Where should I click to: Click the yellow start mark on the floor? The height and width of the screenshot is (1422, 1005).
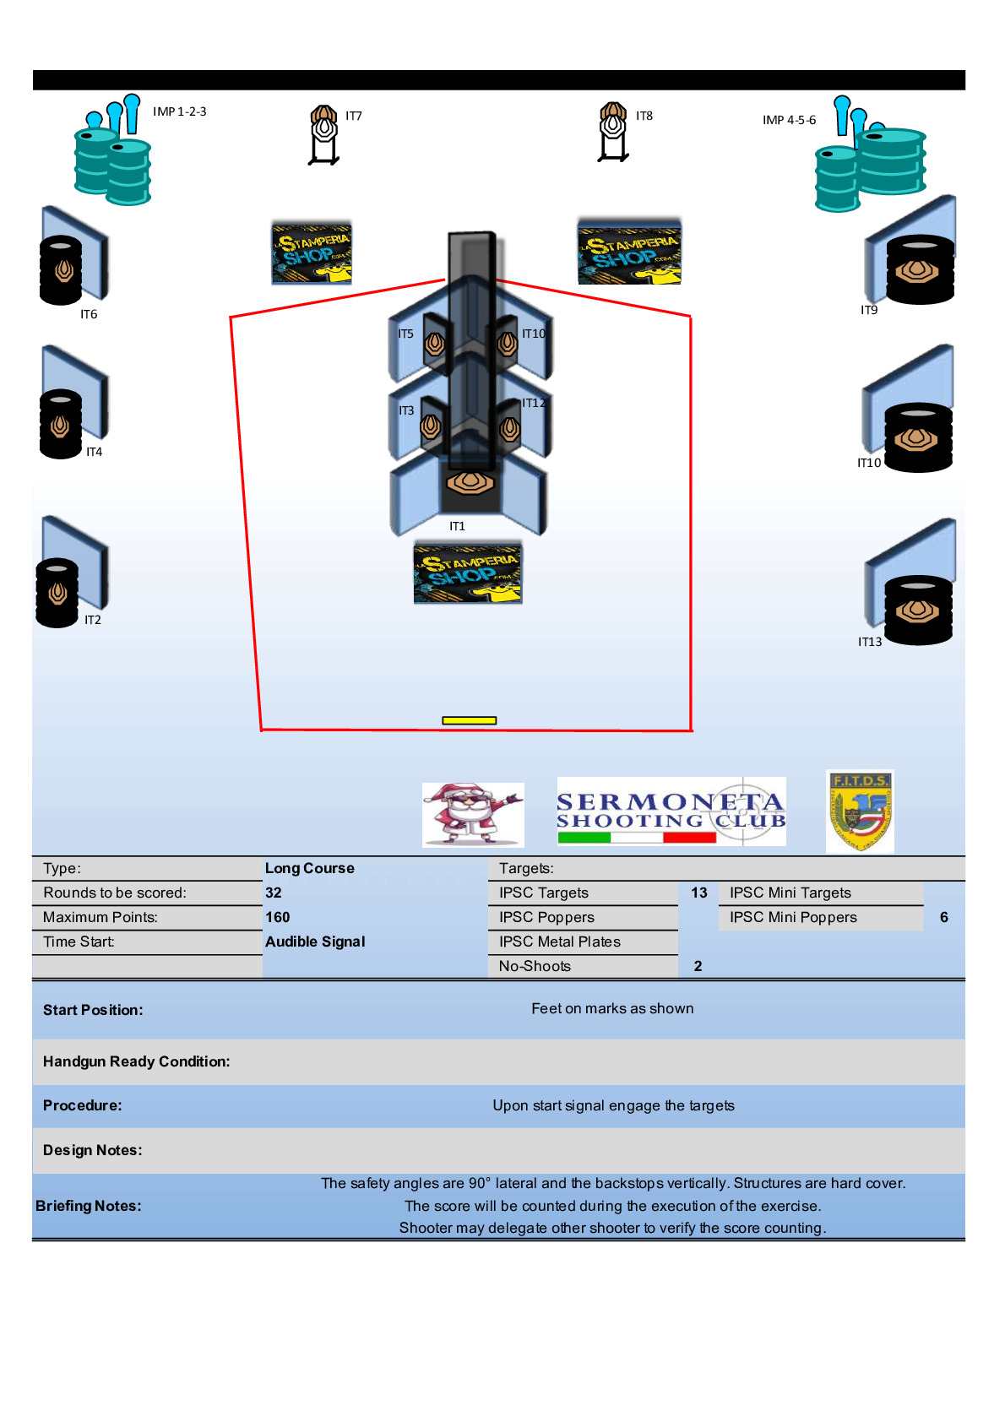coord(469,720)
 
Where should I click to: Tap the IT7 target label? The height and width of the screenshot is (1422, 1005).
coord(354,116)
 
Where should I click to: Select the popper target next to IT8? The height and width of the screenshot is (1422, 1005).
coord(613,132)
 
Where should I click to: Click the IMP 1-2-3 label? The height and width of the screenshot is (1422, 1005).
coord(179,111)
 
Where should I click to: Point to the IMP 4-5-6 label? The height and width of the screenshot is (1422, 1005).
coord(789,120)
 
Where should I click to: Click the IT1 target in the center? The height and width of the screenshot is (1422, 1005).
coord(470,483)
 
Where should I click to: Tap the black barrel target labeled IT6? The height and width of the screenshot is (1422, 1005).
coord(61,269)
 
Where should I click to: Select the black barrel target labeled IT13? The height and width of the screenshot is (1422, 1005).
coord(918,610)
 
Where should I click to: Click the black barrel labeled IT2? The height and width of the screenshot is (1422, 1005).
coord(57,593)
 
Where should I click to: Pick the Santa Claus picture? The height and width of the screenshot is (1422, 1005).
coord(472,814)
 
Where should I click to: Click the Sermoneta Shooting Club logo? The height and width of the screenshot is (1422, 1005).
coord(671,811)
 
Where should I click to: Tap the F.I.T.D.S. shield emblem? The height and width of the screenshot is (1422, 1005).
coord(860,811)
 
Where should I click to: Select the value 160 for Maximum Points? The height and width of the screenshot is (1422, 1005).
coord(278,917)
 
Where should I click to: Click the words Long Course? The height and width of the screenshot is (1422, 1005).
coord(310,868)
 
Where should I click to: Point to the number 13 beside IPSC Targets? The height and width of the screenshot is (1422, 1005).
coord(699,893)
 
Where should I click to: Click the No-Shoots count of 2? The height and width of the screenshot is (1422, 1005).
coord(698,966)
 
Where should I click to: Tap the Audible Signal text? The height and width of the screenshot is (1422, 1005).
coord(315,942)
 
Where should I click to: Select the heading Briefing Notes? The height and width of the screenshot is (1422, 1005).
coord(89,1206)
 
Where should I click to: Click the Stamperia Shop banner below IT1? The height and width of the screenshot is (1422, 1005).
coord(468,573)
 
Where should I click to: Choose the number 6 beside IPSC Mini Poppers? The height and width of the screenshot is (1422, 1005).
coord(944,917)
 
